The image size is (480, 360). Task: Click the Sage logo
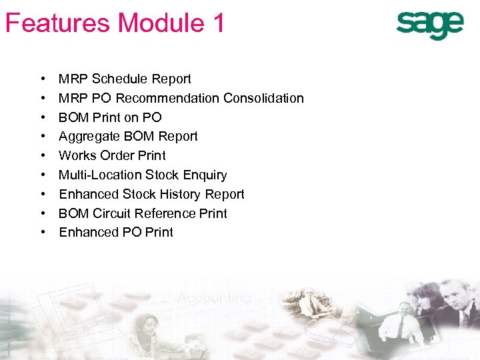point(429,25)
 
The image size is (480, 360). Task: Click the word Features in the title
point(57,23)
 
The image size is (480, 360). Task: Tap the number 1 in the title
point(218,23)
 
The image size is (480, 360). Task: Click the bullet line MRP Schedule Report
point(125,79)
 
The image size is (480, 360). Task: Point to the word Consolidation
point(263,99)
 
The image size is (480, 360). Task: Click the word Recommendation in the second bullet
point(167,99)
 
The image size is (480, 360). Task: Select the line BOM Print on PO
point(110,118)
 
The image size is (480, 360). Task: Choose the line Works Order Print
point(112,156)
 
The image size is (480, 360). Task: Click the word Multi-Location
point(100,175)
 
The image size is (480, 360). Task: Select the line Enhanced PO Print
point(116,233)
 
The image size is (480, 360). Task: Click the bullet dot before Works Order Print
point(43,156)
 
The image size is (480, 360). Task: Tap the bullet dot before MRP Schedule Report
point(43,79)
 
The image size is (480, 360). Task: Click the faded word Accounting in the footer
point(220,298)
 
